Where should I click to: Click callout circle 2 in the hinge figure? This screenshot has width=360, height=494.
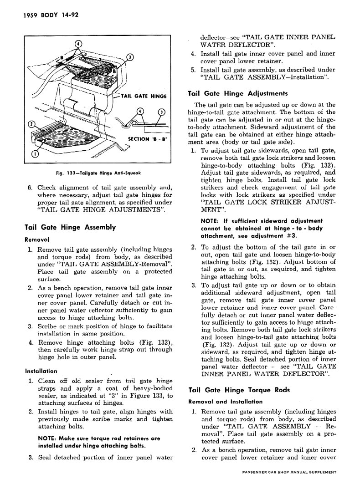pyautogui.click(x=31, y=124)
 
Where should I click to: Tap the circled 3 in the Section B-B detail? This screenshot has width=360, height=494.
pyautogui.click(x=160, y=112)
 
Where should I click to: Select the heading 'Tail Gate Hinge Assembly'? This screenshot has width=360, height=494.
pyautogui.click(x=70, y=227)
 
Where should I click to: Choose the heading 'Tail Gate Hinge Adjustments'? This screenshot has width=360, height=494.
pyautogui.click(x=237, y=94)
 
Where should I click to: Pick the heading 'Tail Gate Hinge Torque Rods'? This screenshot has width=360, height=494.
pyautogui.click(x=239, y=390)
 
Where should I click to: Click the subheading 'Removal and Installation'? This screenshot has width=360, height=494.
pyautogui.click(x=225, y=402)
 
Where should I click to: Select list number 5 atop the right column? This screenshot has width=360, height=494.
pyautogui.click(x=193, y=70)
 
